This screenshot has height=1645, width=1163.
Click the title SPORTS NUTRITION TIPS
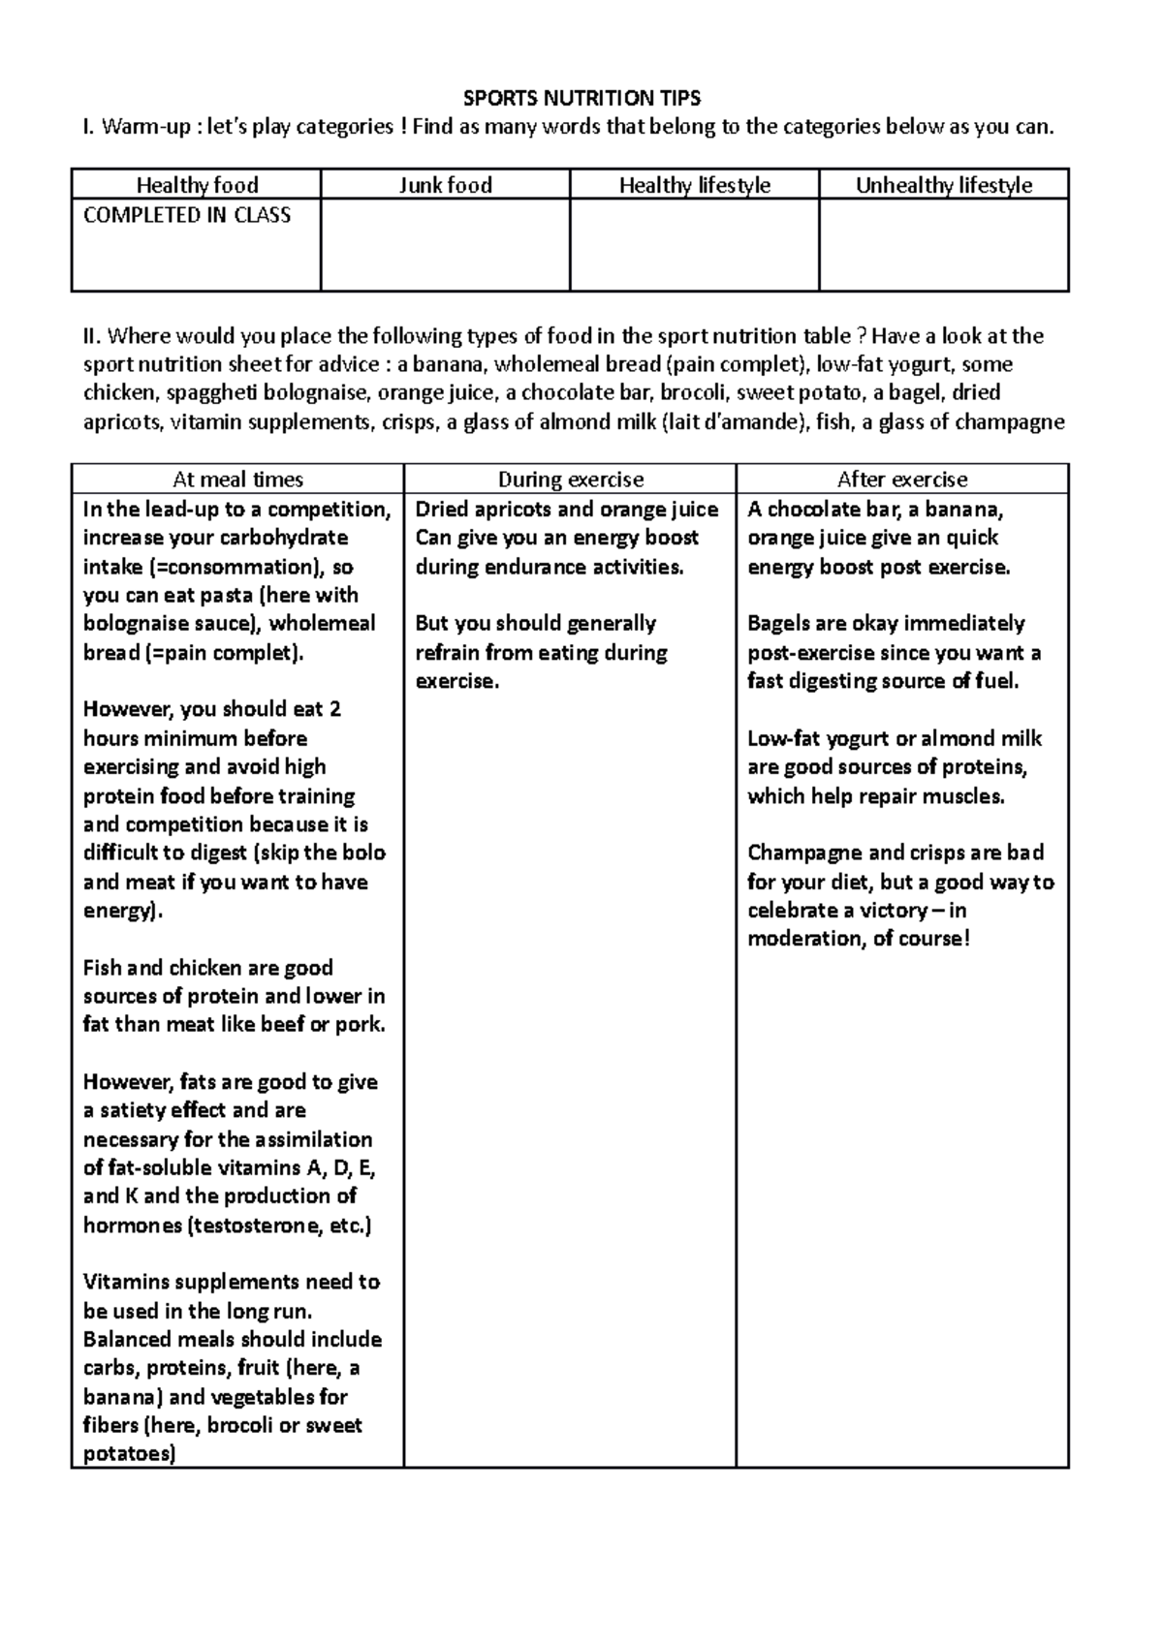point(581,98)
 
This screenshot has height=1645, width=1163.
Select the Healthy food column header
point(197,185)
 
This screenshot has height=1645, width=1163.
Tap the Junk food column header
point(446,185)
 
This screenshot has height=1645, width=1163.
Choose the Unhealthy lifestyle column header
point(943,185)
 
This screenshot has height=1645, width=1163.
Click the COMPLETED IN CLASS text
point(187,215)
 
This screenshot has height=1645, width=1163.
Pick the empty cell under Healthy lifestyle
point(694,244)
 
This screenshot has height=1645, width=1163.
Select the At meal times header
point(237,480)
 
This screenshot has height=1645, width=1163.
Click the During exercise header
point(570,480)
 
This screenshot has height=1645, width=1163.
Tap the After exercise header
point(902,480)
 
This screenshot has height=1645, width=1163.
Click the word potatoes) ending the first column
point(129,1454)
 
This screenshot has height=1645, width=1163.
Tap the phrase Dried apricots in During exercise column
point(471,510)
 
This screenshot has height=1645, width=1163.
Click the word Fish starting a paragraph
point(102,968)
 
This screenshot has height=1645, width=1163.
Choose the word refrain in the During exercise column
point(447,652)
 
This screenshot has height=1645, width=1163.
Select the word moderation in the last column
point(800,939)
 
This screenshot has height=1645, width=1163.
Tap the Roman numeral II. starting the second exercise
point(92,336)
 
